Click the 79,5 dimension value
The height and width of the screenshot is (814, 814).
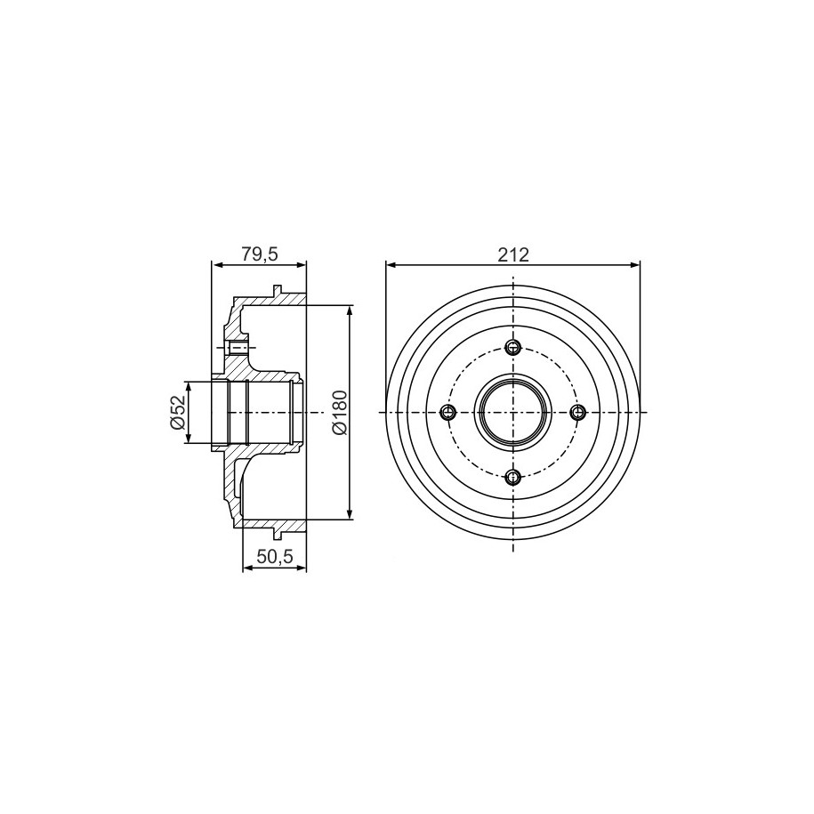[x=260, y=254]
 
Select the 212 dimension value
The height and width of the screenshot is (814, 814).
[x=513, y=254]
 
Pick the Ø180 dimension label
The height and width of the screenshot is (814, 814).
[x=340, y=412]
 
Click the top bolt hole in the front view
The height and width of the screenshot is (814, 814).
[x=513, y=347]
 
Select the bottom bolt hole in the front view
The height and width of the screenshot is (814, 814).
[x=513, y=477]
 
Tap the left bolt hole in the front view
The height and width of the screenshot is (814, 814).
[x=448, y=413]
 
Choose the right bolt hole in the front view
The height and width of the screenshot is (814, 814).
[x=577, y=413]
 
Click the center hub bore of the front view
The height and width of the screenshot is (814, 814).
[x=513, y=413]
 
